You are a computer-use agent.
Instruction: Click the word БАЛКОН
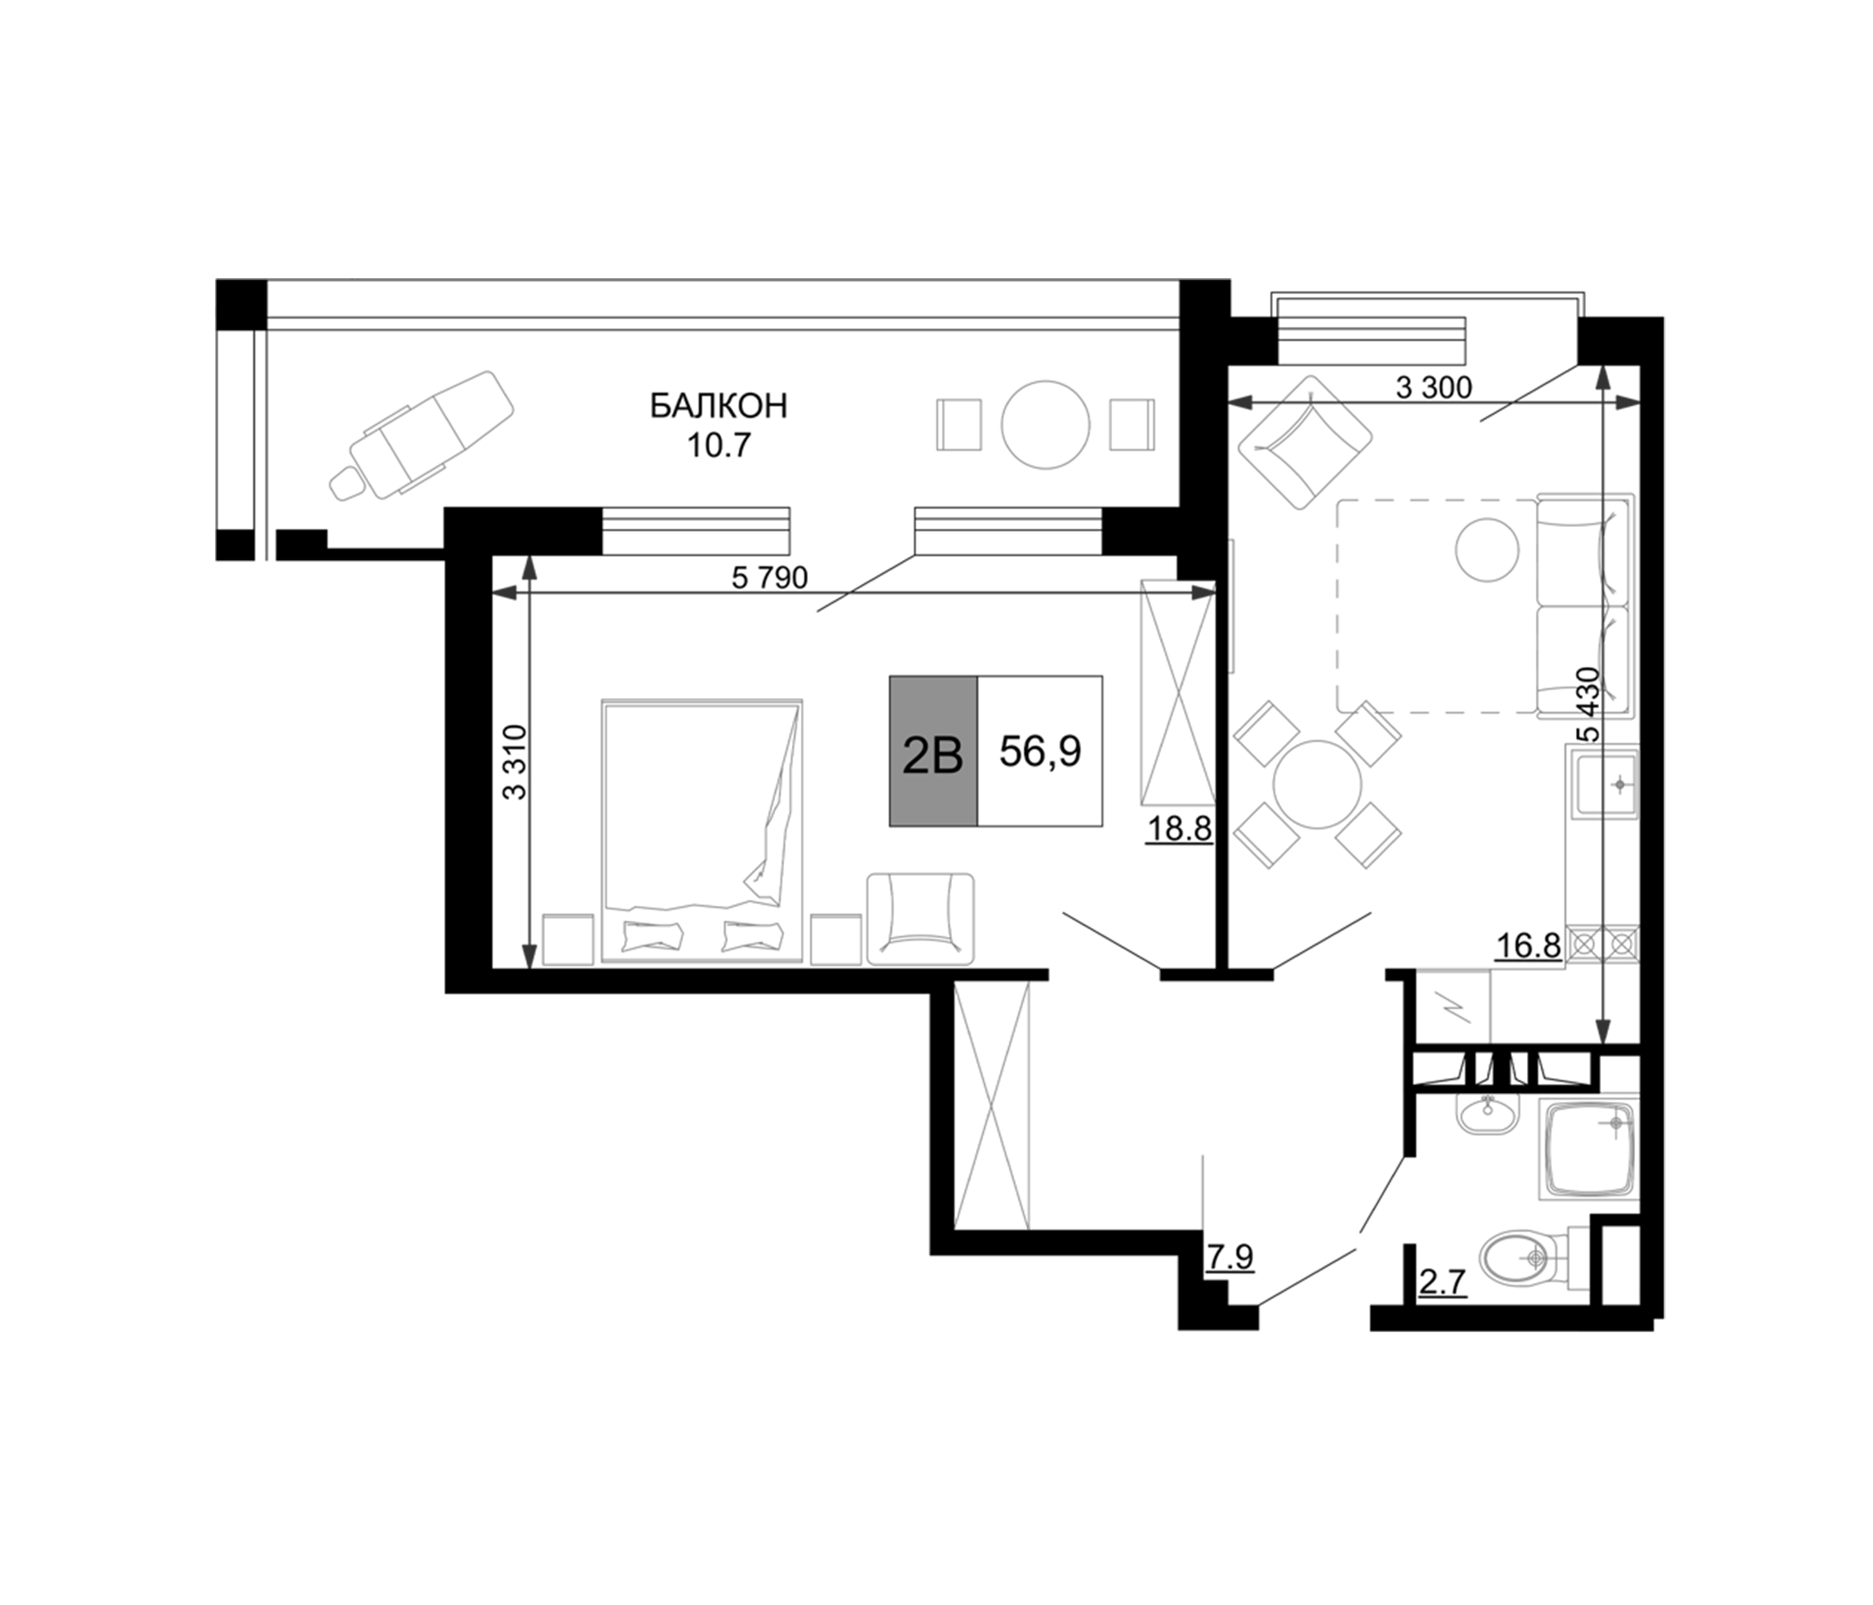tap(719, 407)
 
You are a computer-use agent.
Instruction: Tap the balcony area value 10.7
tap(719, 446)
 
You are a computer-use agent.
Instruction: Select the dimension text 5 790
tap(769, 578)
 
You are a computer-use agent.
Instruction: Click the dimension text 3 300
tap(1433, 388)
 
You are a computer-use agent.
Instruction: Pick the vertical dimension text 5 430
tap(1588, 704)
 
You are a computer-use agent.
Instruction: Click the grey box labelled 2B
tap(932, 751)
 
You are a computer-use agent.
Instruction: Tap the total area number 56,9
tap(1040, 751)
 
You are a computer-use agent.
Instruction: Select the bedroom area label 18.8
tap(1179, 827)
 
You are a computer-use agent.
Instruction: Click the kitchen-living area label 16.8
tap(1529, 946)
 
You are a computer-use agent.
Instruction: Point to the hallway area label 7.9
tap(1229, 1256)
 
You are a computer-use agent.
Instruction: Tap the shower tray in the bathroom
tap(1588, 1149)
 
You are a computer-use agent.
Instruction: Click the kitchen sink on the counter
tap(1604, 784)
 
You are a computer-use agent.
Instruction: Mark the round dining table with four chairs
tap(1317, 784)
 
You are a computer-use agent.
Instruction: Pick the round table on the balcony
tap(1045, 424)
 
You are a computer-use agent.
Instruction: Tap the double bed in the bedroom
tap(701, 828)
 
